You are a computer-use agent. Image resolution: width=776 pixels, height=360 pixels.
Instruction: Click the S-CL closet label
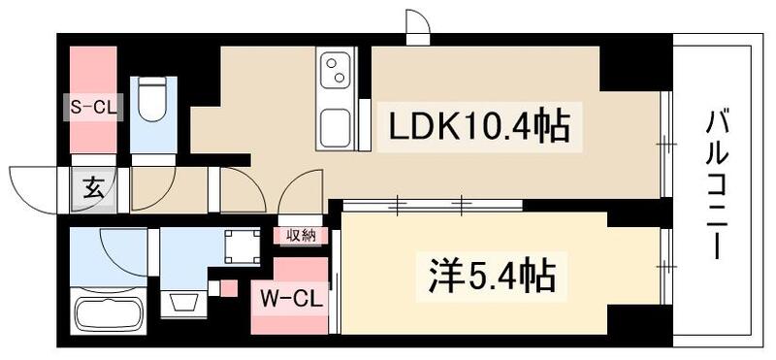point(93,108)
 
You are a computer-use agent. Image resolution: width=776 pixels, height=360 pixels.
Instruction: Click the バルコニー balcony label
point(718,185)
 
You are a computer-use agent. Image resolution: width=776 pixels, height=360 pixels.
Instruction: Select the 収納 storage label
point(300,236)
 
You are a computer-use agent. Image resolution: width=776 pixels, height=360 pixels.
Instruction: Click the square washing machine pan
point(241,246)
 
